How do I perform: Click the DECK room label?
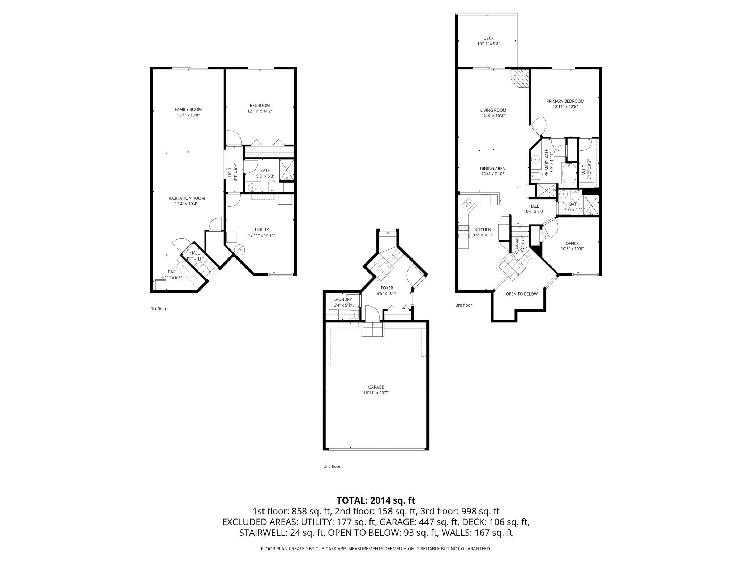[488, 38]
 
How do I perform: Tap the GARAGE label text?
[376, 387]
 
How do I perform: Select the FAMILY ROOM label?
[188, 110]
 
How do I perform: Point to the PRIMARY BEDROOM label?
[565, 101]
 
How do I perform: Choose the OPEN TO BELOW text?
[521, 294]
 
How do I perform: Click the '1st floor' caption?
[158, 309]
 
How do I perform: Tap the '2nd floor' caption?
[332, 466]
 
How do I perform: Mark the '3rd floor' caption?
[464, 305]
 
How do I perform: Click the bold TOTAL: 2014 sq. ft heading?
[376, 500]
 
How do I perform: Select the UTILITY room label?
[262, 230]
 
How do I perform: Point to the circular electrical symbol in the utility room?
[239, 249]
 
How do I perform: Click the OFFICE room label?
[572, 243]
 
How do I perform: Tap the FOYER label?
[386, 288]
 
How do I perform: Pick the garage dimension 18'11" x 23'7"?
[376, 393]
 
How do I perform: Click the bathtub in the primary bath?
[569, 173]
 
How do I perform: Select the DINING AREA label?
[492, 168]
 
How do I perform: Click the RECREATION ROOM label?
[186, 198]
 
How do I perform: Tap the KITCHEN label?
[483, 230]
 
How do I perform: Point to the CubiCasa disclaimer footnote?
[376, 549]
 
